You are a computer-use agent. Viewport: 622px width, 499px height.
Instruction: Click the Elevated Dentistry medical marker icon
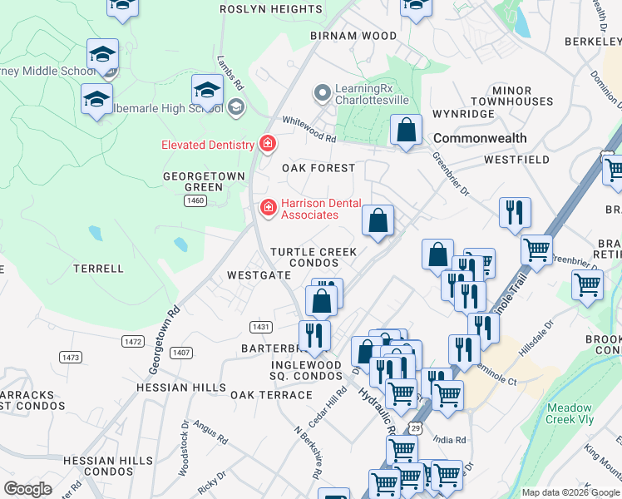point(268,145)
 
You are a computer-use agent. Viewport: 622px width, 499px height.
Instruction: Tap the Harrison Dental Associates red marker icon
point(268,207)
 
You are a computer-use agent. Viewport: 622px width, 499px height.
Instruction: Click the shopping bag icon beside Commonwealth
point(406,131)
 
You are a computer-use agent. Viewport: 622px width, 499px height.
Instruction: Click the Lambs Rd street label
point(230,73)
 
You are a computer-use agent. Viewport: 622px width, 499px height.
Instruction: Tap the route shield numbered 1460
point(195,200)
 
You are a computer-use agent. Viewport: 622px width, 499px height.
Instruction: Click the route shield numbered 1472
point(132,341)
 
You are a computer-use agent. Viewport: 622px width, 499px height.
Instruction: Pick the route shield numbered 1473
point(71,357)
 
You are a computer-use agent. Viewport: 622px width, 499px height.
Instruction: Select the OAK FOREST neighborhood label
point(318,168)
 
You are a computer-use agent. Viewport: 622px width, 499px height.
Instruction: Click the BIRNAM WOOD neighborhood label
point(354,36)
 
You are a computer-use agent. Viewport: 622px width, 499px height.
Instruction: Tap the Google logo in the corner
point(28,489)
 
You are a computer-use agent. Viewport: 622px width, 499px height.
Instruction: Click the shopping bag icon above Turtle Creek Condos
point(378,221)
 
